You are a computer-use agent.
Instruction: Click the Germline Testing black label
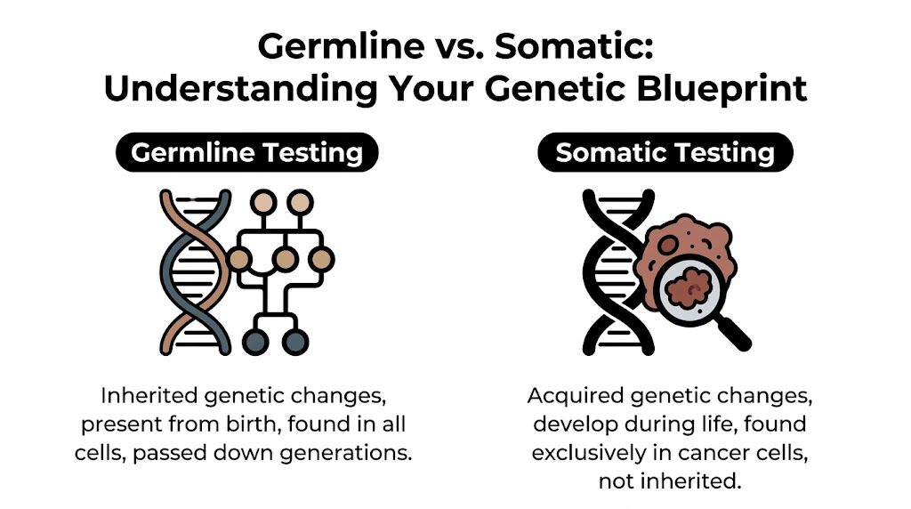tap(246, 153)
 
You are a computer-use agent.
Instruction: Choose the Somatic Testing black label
tap(665, 153)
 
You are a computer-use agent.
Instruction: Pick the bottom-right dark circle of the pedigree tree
tap(296, 342)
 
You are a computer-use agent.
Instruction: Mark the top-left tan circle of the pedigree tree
tap(261, 203)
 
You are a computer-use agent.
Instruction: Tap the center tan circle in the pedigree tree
tap(285, 260)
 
